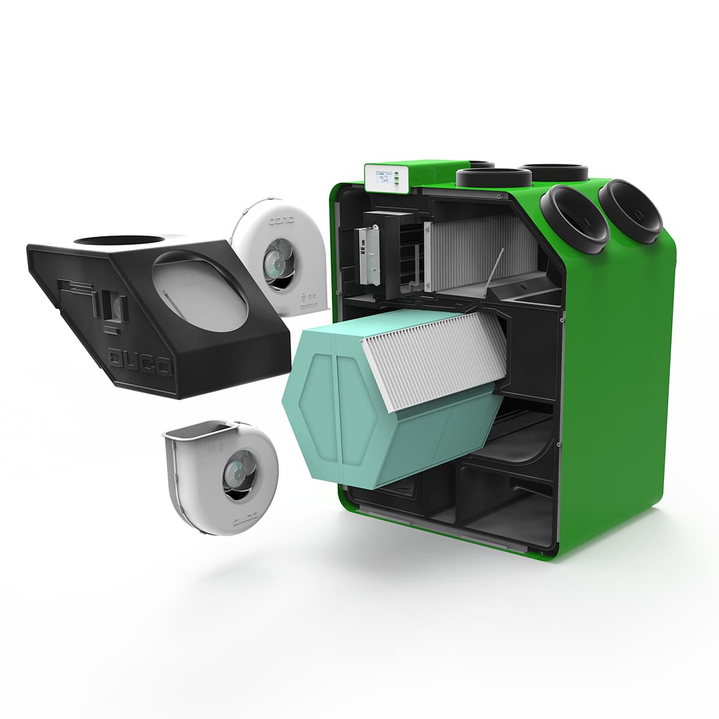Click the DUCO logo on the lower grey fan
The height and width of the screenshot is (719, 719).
pyautogui.click(x=244, y=516)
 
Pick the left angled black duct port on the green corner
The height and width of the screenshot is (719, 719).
pyautogui.click(x=574, y=216)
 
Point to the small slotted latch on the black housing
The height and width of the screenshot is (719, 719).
pyautogui.click(x=109, y=306)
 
